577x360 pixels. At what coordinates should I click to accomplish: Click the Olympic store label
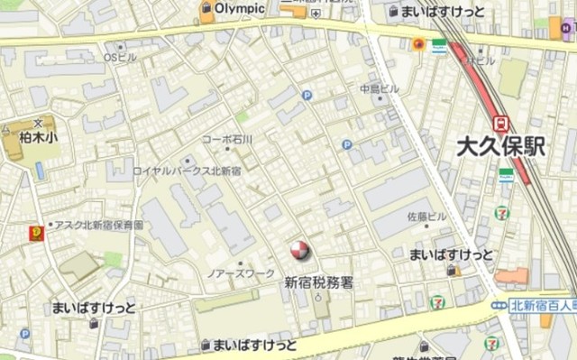point(241,9)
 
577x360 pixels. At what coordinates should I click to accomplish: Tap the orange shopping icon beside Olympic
point(206,12)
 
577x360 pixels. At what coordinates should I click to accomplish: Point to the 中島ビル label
point(379,89)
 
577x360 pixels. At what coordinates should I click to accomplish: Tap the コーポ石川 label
point(226,140)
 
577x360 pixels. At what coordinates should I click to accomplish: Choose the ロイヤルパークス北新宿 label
point(187,171)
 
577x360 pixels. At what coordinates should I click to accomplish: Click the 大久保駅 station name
point(500,147)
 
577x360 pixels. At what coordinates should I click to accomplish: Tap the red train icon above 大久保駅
point(501,123)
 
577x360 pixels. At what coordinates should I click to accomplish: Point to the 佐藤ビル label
point(426,217)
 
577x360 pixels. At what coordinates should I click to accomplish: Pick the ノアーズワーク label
point(241,272)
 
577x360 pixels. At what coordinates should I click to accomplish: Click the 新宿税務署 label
point(318,282)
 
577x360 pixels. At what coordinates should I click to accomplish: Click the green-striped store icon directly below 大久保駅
point(507,175)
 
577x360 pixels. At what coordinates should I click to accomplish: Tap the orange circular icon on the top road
point(418,42)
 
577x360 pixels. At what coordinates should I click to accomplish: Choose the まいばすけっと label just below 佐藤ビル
point(451,254)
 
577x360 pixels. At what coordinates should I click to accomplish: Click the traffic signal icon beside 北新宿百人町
point(499,307)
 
